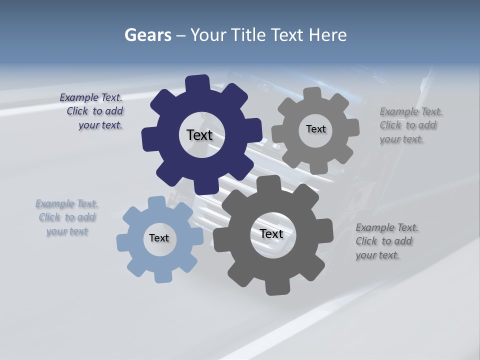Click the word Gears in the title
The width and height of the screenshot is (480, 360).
[x=147, y=35]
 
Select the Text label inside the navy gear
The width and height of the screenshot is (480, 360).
[x=199, y=135]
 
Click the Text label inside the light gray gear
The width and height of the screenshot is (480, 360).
[x=315, y=129]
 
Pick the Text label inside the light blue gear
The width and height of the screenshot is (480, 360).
[x=159, y=238]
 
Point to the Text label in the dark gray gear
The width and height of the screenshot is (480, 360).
[x=271, y=234]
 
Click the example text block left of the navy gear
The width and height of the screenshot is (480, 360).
[x=92, y=111]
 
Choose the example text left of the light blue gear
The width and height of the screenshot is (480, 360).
[x=67, y=217]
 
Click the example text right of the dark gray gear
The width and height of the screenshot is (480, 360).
[x=386, y=241]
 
